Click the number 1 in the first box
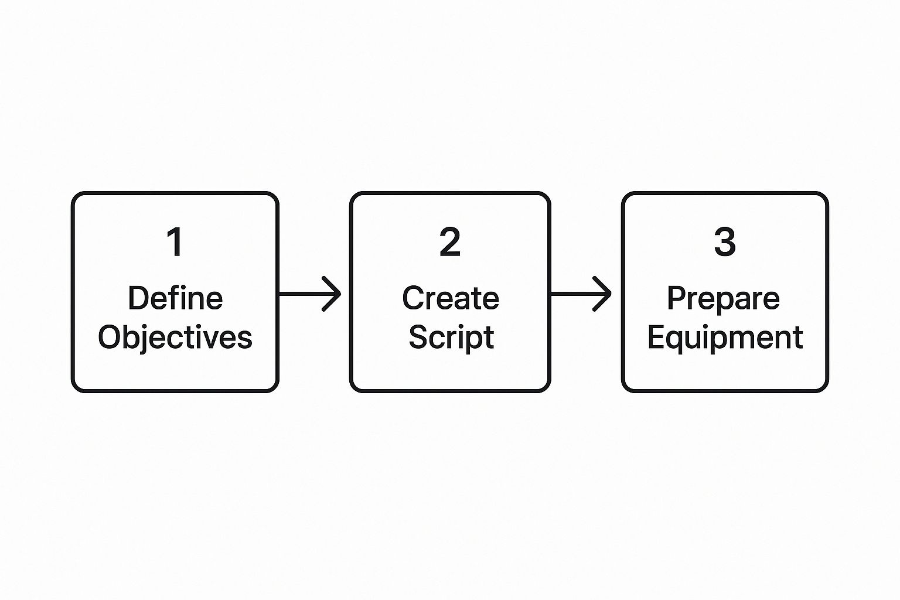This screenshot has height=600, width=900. (175, 243)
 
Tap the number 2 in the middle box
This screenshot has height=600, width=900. (450, 243)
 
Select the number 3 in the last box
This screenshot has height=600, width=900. (725, 243)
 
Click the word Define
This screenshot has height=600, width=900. (175, 298)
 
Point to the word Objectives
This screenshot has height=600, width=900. (175, 338)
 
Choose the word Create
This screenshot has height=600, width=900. (450, 298)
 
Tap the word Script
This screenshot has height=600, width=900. (451, 338)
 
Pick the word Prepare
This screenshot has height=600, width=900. (724, 298)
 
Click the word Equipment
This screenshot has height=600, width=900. (725, 338)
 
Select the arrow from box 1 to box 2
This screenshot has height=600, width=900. (309, 293)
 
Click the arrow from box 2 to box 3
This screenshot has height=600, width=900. (581, 293)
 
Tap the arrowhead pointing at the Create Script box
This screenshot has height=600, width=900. (333, 293)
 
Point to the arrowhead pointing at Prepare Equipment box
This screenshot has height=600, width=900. (604, 293)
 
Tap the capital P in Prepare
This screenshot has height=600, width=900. (676, 298)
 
